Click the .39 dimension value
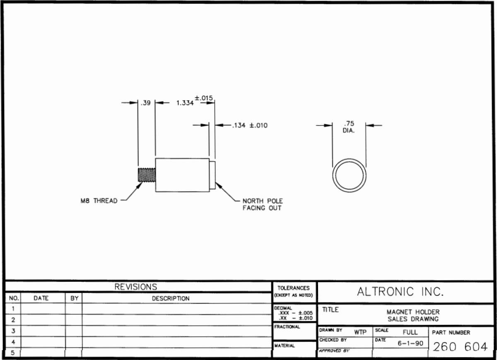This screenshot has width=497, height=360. (145, 103)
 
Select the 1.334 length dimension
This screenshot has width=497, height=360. (185, 103)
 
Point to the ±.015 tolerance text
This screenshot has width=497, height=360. (204, 98)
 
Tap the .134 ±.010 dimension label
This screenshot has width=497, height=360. (250, 126)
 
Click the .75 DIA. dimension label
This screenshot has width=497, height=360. (349, 127)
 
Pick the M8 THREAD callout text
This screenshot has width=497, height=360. (99, 201)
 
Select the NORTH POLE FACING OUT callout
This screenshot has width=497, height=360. (263, 204)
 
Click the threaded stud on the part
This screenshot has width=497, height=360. (147, 175)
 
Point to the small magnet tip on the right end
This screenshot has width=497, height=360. (212, 175)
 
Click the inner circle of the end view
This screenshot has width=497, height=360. (350, 161)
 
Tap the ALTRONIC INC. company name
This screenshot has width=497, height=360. (400, 292)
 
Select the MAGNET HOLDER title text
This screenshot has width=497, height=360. (413, 312)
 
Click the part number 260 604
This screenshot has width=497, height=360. (460, 347)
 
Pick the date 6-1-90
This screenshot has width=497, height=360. (410, 343)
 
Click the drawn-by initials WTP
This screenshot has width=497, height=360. (360, 332)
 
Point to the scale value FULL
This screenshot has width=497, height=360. (410, 332)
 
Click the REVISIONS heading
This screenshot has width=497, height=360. (136, 287)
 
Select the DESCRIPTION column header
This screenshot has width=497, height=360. (171, 299)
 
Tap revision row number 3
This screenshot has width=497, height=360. (13, 331)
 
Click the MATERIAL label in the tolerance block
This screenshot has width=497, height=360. (285, 346)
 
